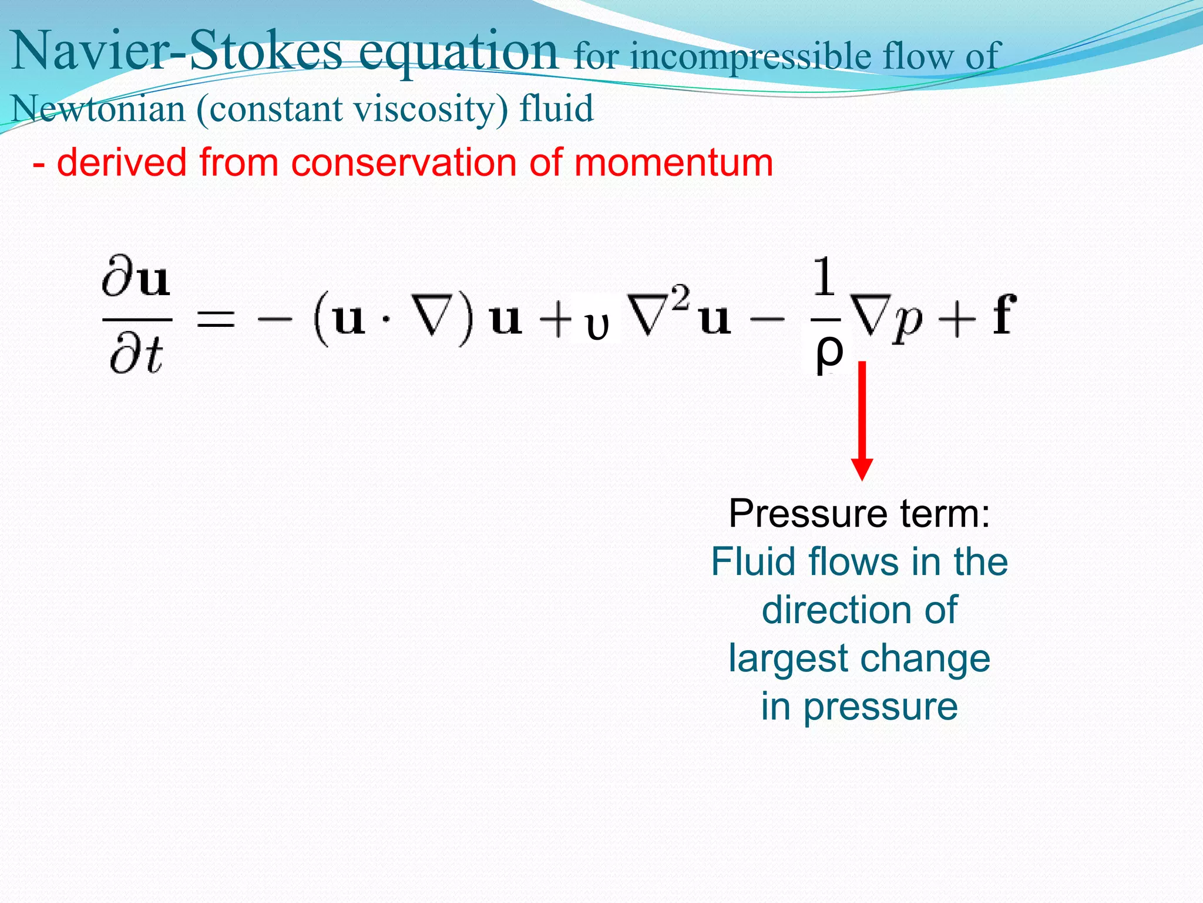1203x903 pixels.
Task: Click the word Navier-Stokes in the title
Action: (176, 52)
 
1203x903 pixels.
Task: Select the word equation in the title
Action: (458, 53)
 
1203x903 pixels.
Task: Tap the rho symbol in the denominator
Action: (829, 352)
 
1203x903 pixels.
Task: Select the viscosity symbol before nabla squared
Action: (597, 326)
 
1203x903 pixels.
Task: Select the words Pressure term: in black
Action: (859, 513)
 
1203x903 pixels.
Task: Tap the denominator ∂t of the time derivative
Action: (136, 356)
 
